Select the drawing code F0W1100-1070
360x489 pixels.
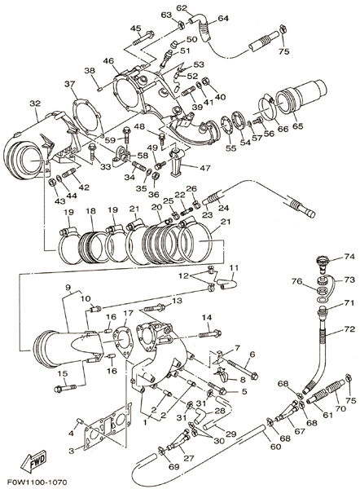tap(37, 482)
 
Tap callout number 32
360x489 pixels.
tap(35, 104)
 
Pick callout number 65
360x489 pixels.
tap(297, 126)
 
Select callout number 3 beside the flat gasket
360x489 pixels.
tap(72, 451)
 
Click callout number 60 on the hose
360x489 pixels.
tap(275, 447)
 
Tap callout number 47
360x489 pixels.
tap(204, 168)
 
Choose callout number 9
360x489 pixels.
tap(68, 286)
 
